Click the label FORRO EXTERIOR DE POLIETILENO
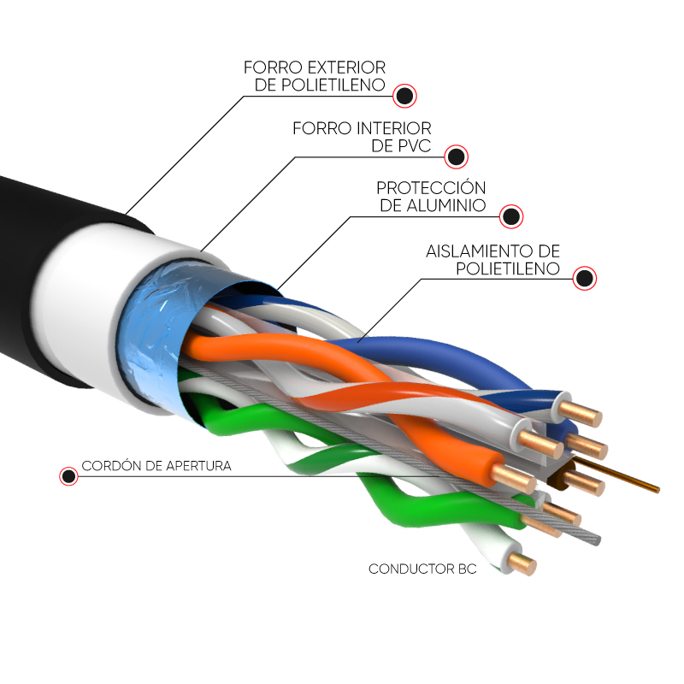click(x=315, y=75)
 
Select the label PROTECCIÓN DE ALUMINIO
click(x=432, y=197)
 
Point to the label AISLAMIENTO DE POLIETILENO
click(x=493, y=259)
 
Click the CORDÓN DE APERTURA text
click(x=156, y=467)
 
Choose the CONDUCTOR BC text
click(x=422, y=569)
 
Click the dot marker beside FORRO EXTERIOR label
click(x=404, y=94)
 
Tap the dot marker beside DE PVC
click(x=457, y=156)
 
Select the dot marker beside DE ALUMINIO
click(x=511, y=216)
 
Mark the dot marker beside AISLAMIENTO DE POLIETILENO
click(x=585, y=279)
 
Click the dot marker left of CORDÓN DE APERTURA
click(x=68, y=476)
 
